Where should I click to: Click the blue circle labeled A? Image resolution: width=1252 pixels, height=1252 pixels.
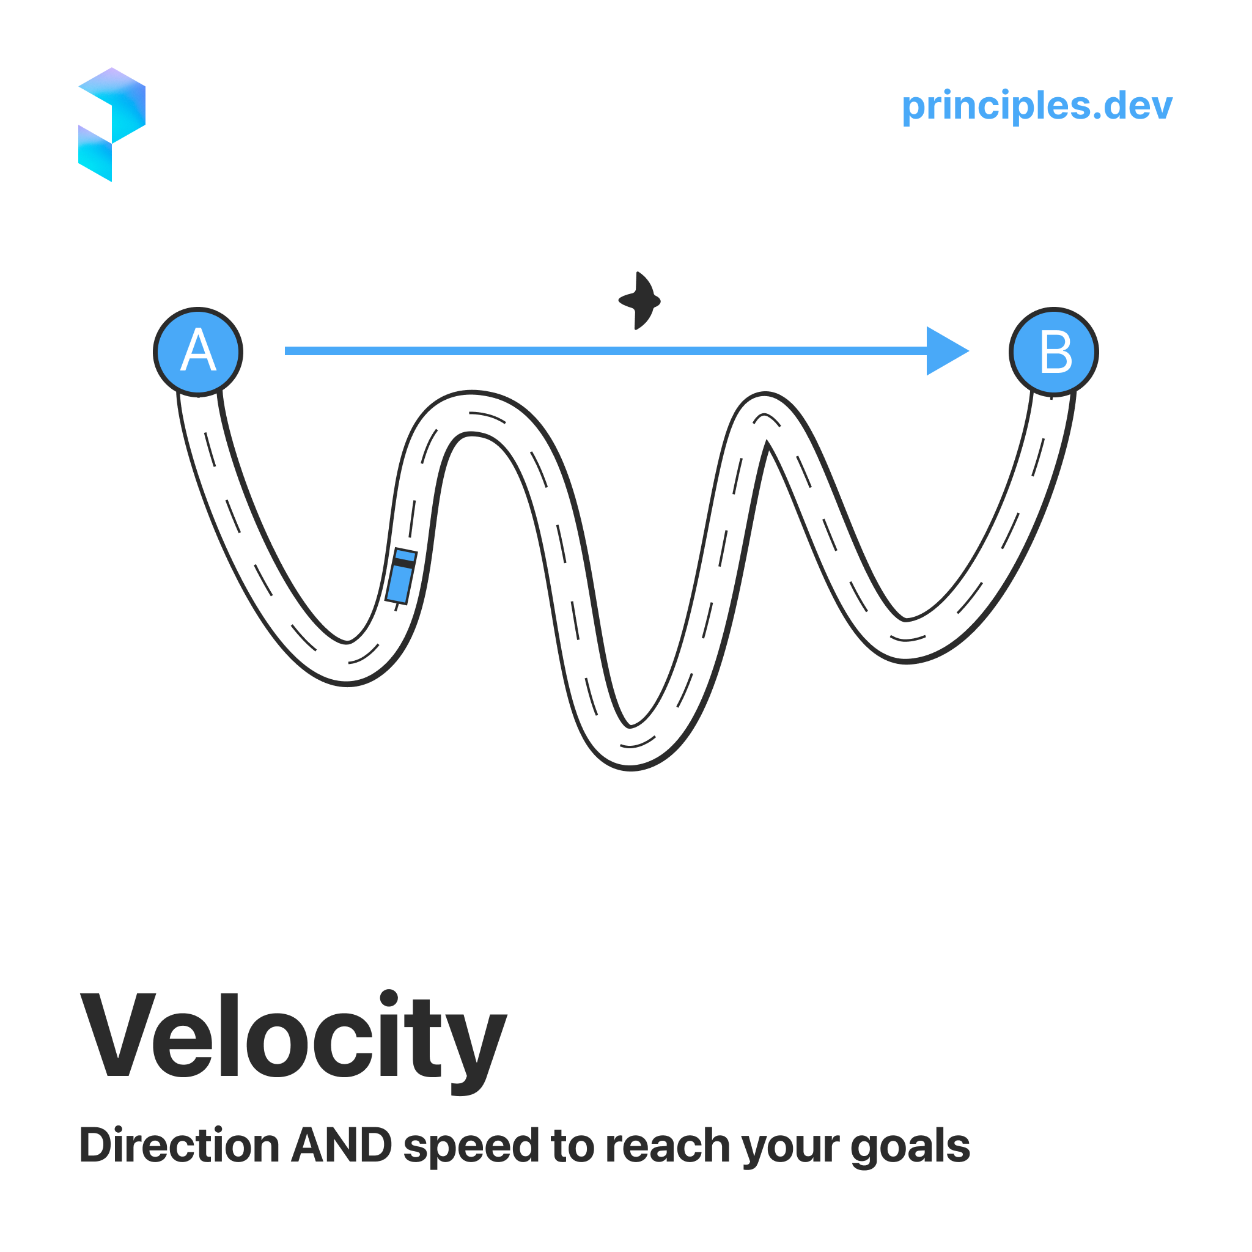(198, 352)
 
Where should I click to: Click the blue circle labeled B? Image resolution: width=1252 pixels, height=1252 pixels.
(1054, 352)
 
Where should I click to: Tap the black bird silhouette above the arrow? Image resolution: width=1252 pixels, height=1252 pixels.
(639, 301)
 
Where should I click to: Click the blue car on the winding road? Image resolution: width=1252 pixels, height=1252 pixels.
(400, 576)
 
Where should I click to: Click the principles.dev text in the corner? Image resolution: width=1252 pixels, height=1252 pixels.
(1037, 106)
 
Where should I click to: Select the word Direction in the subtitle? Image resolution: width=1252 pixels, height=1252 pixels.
(179, 1146)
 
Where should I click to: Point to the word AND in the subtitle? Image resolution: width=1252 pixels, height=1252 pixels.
(342, 1146)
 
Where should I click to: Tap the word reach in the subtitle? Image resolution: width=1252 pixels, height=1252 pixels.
(668, 1146)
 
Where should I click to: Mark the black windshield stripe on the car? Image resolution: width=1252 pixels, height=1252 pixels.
(403, 563)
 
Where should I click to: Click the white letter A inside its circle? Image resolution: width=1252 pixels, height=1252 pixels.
(197, 350)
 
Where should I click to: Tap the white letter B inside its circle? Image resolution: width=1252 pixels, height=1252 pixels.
(1056, 352)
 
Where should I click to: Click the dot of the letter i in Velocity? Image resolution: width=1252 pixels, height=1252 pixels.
(389, 998)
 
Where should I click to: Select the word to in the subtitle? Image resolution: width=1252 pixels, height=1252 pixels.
(572, 1146)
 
